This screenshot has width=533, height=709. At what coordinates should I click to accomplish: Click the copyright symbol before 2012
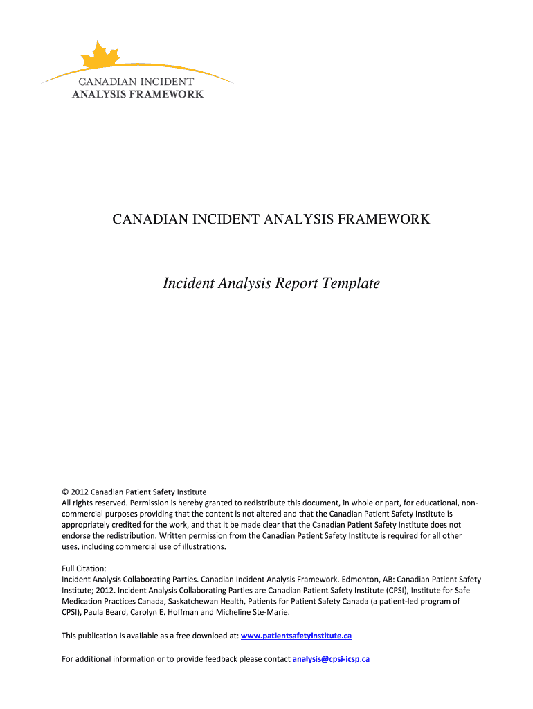click(x=66, y=492)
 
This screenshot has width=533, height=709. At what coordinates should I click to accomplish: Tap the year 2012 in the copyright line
click(x=80, y=492)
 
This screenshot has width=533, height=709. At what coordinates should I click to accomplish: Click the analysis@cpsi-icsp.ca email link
click(x=331, y=658)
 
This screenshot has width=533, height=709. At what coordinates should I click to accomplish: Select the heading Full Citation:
click(x=84, y=568)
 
